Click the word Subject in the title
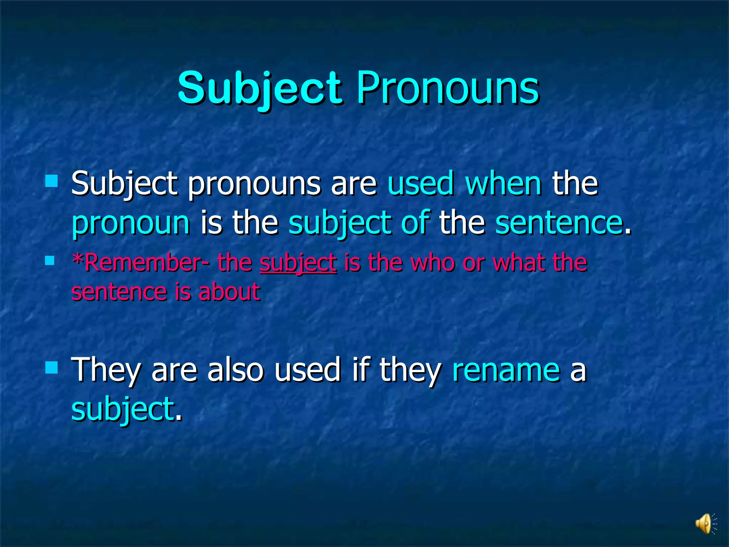[260, 88]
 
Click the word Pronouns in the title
[447, 88]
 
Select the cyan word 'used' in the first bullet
[420, 183]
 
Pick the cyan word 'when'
[503, 183]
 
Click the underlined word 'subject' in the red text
[298, 262]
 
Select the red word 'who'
[432, 262]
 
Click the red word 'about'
[229, 292]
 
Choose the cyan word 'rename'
[506, 370]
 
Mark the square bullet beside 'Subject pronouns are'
[52, 181]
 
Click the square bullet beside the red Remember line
[50, 261]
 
